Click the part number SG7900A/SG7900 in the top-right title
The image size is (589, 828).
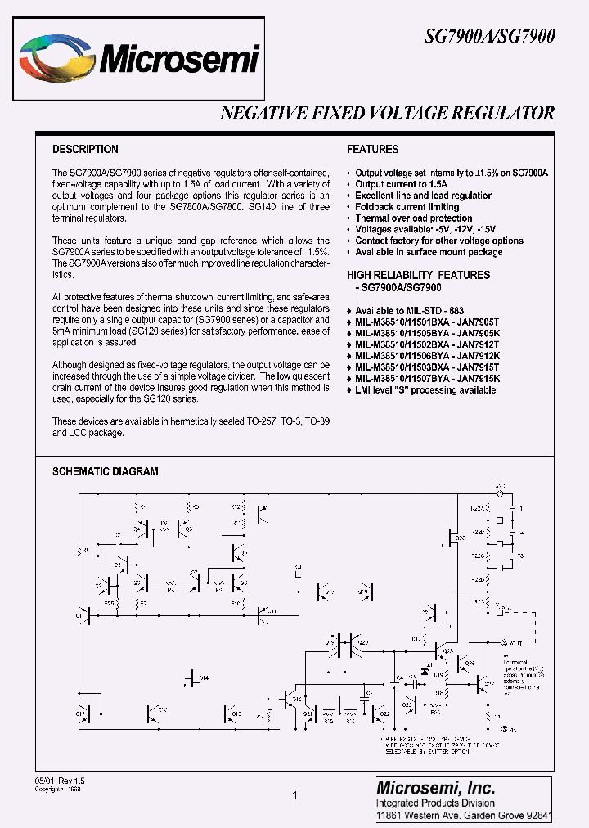(x=489, y=37)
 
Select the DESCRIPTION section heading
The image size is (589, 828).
(x=85, y=150)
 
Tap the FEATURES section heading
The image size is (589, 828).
(x=373, y=150)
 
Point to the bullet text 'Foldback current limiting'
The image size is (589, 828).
(x=407, y=207)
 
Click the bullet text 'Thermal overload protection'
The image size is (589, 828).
(x=414, y=218)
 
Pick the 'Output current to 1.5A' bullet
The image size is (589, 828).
(x=402, y=185)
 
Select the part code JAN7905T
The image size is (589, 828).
(x=477, y=322)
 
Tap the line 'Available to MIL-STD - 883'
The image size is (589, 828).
(x=409, y=311)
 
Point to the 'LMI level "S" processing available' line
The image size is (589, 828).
(x=425, y=390)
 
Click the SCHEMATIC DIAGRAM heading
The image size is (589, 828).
(x=106, y=471)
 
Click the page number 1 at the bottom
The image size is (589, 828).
(x=294, y=795)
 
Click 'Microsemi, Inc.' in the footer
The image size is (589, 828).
(x=435, y=787)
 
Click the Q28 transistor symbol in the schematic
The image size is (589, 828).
(x=452, y=538)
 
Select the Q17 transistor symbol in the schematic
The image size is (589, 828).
(x=321, y=592)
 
